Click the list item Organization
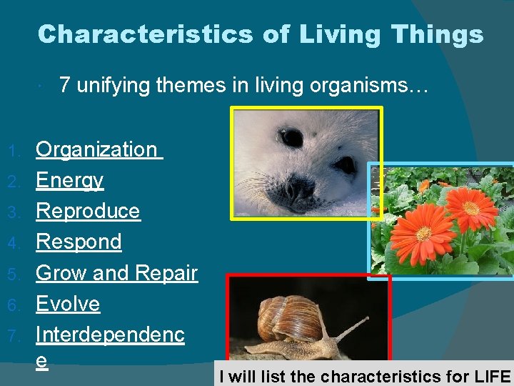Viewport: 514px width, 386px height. (96, 149)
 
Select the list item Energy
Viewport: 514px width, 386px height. (69, 180)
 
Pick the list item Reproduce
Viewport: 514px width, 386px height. (88, 211)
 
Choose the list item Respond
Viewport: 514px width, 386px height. (79, 242)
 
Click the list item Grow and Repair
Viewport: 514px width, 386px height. (116, 273)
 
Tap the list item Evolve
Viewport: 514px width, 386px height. (68, 304)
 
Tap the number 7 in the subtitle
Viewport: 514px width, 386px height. (66, 86)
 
